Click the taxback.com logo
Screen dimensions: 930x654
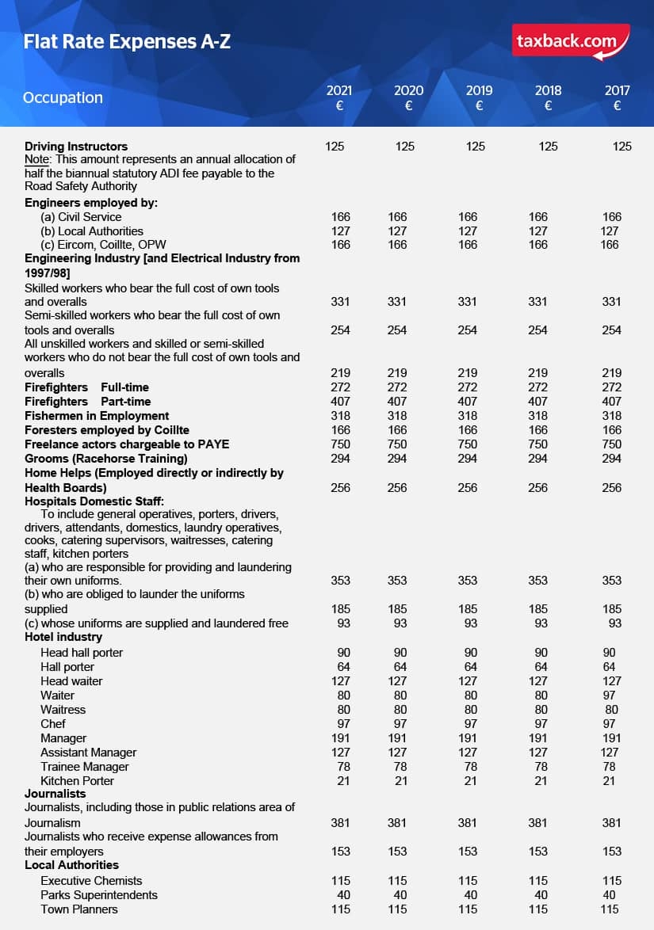(x=571, y=42)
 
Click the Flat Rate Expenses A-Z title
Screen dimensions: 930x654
(x=127, y=41)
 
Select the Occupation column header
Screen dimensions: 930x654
(x=63, y=97)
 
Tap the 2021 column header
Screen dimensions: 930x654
(x=339, y=97)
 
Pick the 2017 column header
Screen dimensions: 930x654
(x=617, y=97)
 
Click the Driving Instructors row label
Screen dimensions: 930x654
(x=76, y=147)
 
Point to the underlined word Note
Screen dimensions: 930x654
(x=37, y=159)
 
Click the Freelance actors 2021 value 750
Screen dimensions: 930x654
(x=340, y=444)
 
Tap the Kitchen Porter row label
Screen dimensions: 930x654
(x=77, y=781)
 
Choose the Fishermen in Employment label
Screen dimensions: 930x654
(x=97, y=416)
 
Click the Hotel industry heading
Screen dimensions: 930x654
(x=63, y=637)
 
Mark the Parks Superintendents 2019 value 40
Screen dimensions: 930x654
(x=468, y=895)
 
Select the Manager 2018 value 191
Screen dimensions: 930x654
(x=537, y=738)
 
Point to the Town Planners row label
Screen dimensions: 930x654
(x=79, y=909)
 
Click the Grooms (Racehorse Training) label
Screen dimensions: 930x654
(x=106, y=459)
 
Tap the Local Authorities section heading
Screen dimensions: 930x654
(x=71, y=865)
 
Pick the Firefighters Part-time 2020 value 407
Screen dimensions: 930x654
(x=397, y=402)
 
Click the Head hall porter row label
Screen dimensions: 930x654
(x=82, y=653)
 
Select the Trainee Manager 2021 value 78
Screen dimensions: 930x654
(x=340, y=767)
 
